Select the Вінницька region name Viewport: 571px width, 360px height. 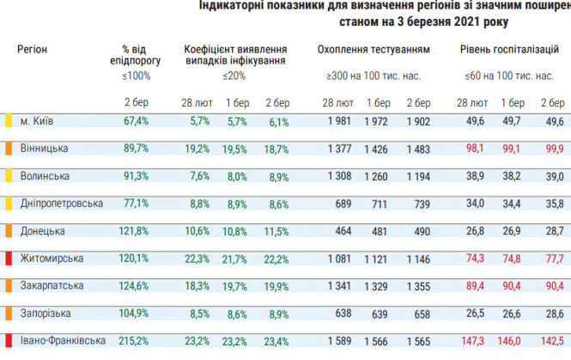pos(44,149)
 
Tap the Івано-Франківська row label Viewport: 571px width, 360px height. pos(59,340)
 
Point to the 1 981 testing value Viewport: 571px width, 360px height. pos(341,121)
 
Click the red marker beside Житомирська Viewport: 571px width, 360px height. pos(9,259)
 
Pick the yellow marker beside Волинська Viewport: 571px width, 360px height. pos(9,176)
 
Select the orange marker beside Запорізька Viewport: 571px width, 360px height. pos(9,314)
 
